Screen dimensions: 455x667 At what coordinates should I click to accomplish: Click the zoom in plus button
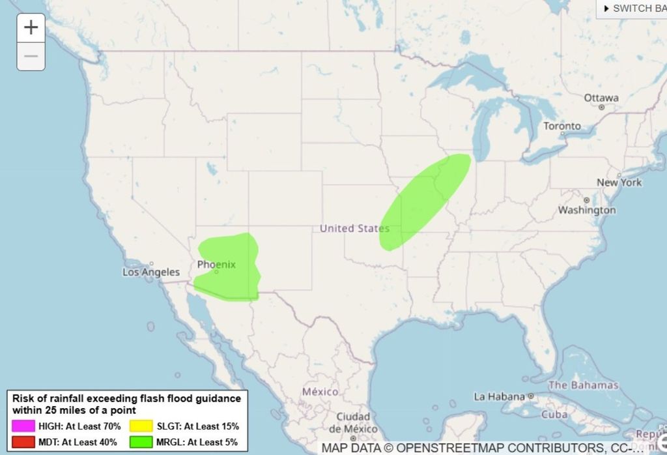tap(31, 28)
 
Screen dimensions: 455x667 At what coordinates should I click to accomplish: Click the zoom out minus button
tap(31, 57)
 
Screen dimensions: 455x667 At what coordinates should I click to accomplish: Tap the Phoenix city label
tap(216, 265)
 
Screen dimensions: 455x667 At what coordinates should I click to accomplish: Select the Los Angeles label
tap(150, 272)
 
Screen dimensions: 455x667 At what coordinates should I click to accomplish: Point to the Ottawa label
tap(601, 98)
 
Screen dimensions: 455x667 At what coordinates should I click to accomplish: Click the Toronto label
tap(562, 126)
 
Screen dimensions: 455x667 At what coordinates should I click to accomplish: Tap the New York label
tap(619, 183)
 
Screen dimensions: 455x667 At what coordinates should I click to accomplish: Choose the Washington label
tap(586, 210)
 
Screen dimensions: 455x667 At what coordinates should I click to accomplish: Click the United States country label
tap(354, 228)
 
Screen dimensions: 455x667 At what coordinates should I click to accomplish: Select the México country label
tap(320, 392)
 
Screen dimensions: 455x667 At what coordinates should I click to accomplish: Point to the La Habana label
tap(500, 396)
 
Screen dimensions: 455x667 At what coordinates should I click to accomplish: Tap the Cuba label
tap(555, 415)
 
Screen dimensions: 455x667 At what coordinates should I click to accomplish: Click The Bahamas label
tap(583, 385)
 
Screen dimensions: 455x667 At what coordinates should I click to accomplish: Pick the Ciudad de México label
tap(354, 422)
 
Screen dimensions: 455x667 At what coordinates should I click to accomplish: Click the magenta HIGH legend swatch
tap(23, 426)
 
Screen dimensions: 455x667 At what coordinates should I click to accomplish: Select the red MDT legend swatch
tap(23, 442)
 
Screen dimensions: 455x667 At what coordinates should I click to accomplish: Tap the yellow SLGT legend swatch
tap(141, 426)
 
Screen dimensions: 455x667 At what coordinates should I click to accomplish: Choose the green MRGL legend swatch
tap(141, 442)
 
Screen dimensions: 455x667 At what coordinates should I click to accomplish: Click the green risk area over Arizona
tap(228, 267)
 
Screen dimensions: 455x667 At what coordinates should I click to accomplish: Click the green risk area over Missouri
tap(423, 202)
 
